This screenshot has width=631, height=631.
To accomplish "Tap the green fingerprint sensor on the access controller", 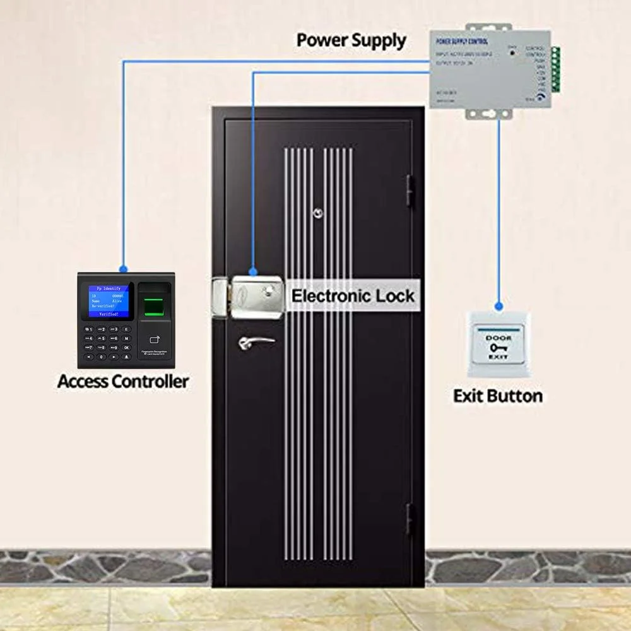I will [153, 307].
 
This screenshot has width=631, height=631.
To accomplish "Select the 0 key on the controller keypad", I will [102, 357].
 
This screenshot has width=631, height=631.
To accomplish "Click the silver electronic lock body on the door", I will [252, 297].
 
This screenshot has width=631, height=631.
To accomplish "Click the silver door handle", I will [256, 342].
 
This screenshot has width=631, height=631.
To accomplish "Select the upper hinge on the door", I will [410, 191].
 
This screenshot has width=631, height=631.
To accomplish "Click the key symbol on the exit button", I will [498, 348].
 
